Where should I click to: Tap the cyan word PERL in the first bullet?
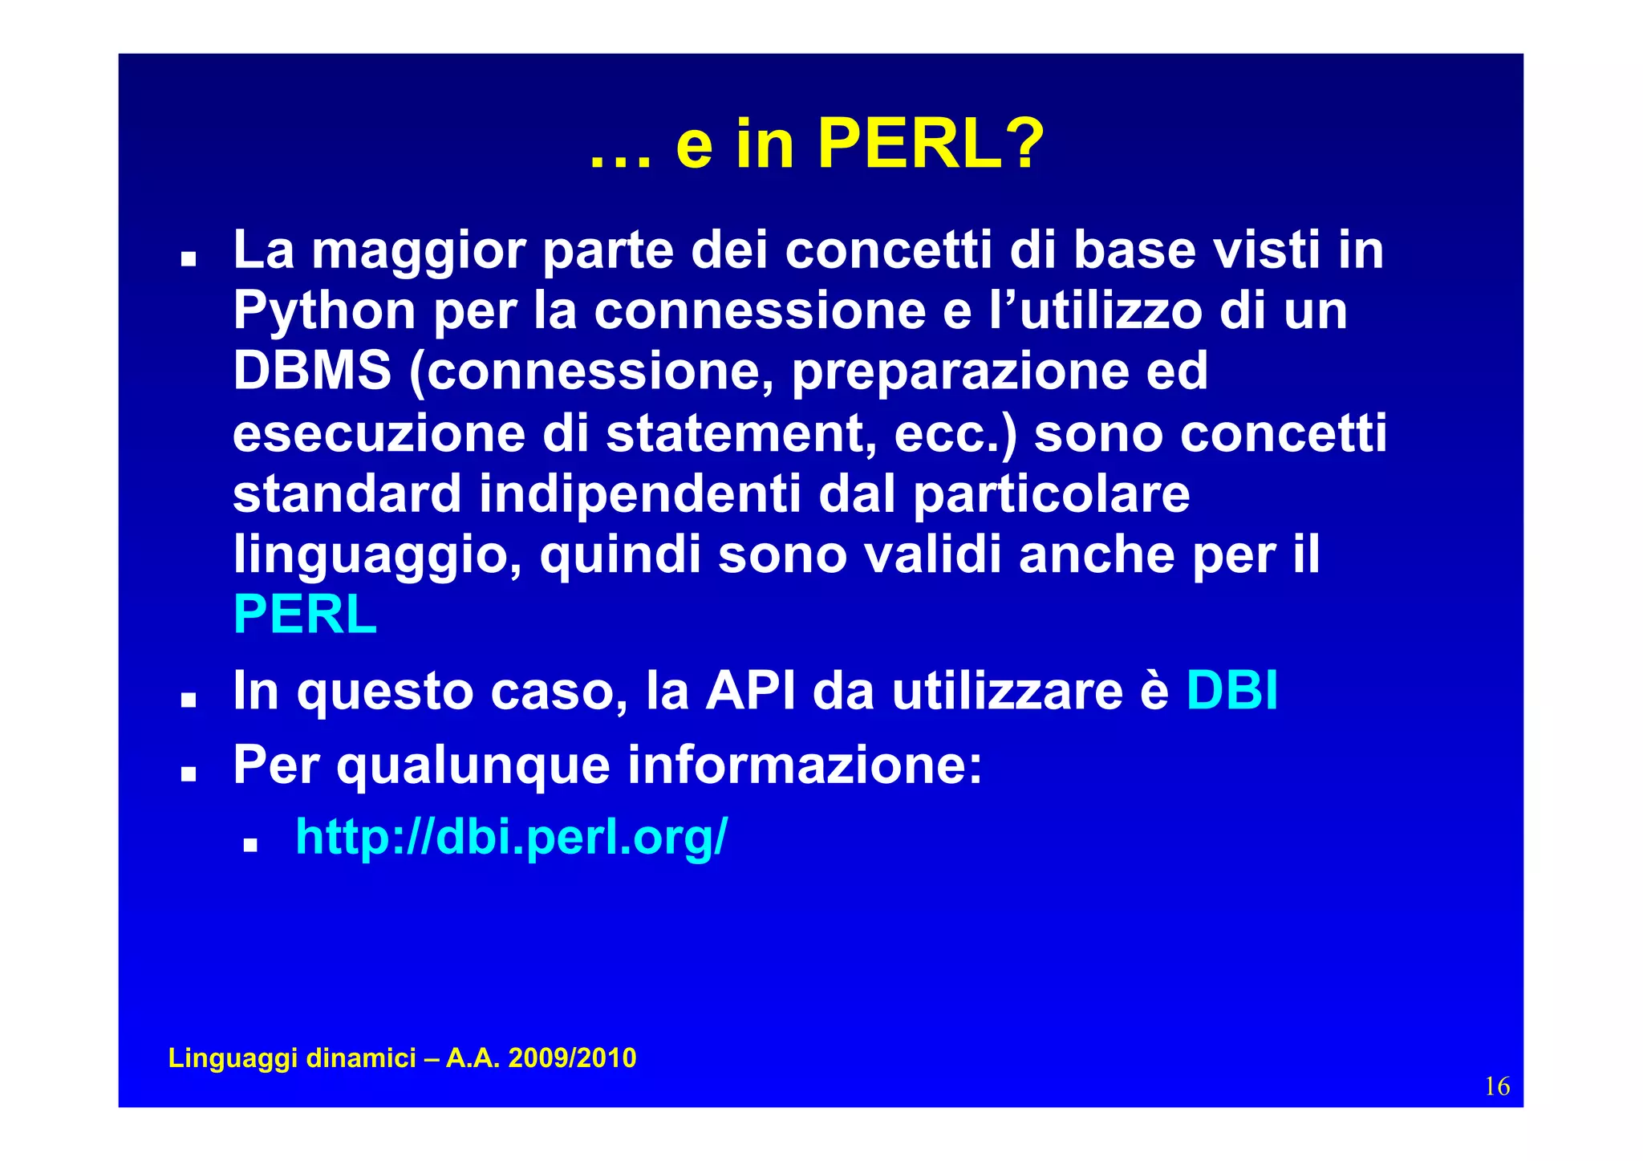(x=305, y=615)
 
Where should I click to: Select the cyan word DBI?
(x=1231, y=690)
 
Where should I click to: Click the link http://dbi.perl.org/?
(x=511, y=837)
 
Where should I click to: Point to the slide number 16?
(x=1497, y=1086)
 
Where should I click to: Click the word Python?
(x=324, y=311)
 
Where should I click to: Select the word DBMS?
(x=312, y=371)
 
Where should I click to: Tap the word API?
(x=751, y=690)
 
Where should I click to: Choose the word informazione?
(x=805, y=765)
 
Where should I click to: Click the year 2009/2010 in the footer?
(x=572, y=1058)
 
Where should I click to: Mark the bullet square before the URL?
(x=250, y=845)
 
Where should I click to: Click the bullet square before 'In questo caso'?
(x=189, y=700)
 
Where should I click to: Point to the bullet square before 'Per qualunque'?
(x=189, y=774)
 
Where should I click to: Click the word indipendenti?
(x=640, y=494)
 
